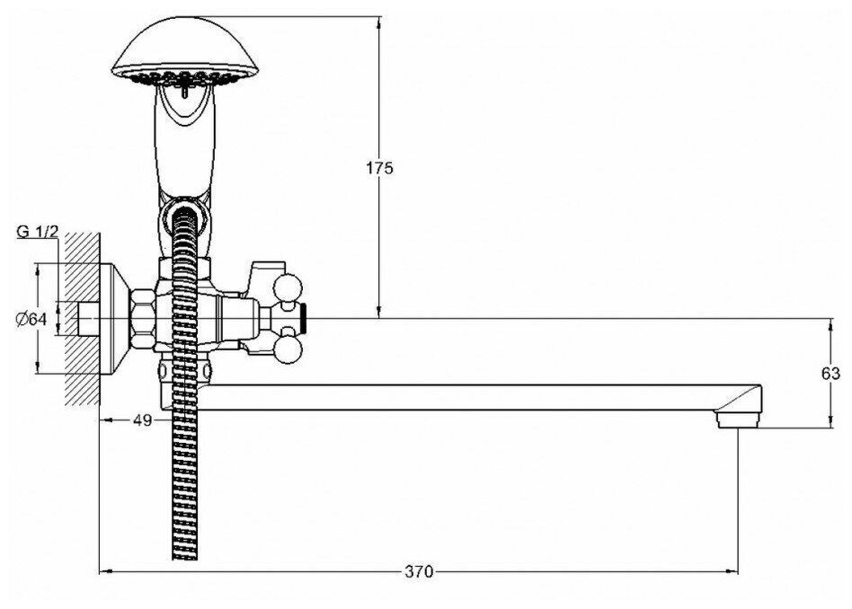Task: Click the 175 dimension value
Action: [x=380, y=168]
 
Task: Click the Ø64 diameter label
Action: [x=31, y=319]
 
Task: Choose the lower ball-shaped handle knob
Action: [x=293, y=348]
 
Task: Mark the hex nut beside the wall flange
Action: [x=144, y=319]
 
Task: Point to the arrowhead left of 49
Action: [x=102, y=419]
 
